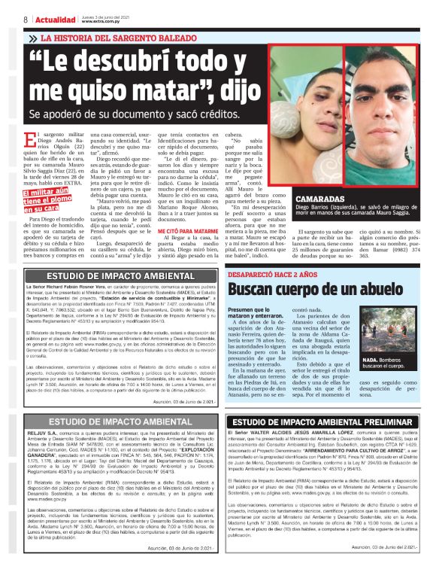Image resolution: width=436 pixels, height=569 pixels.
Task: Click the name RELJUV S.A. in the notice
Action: point(38,435)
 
